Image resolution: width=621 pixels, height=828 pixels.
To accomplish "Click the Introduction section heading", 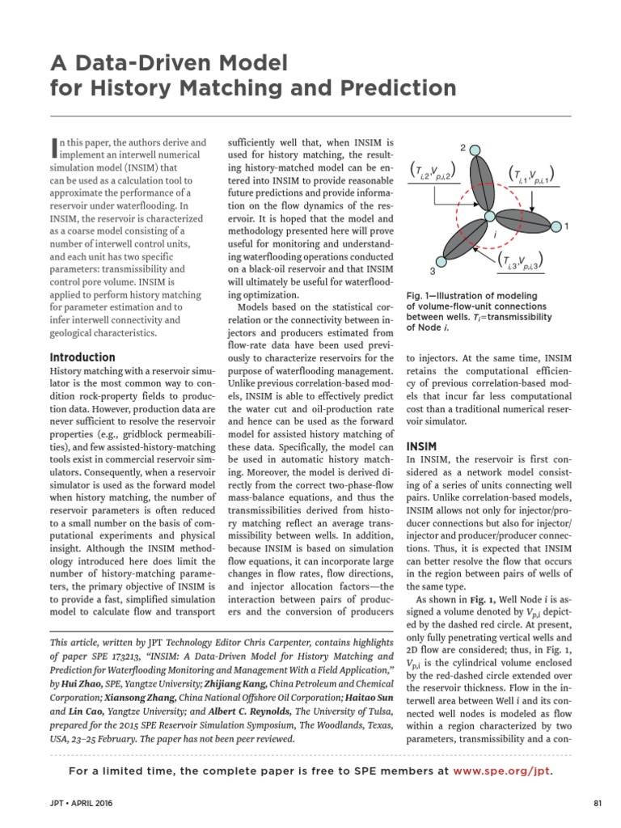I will click(82, 357).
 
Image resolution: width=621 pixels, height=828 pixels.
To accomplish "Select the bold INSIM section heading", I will click(421, 446).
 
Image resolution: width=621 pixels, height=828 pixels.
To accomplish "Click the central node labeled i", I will click(488, 216).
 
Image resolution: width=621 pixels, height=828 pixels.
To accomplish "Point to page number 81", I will click(598, 803).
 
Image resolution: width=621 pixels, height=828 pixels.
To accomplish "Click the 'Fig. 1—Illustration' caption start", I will click(437, 296).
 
